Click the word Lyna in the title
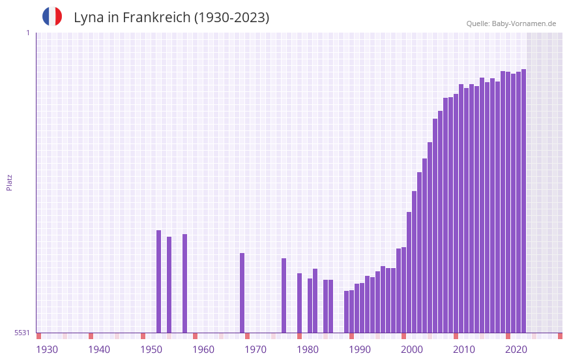[x=88, y=18]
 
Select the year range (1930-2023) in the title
[x=231, y=18]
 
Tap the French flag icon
[x=52, y=16]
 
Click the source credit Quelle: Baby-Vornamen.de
[x=511, y=23]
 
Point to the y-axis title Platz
[x=9, y=182]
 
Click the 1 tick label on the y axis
[x=27, y=33]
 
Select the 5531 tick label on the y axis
[x=22, y=333]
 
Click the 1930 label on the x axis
[x=47, y=350]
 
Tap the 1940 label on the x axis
[x=99, y=350]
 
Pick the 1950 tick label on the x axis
[x=151, y=350]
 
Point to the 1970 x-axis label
[x=255, y=350]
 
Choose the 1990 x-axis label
[x=360, y=350]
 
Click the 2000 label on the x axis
[x=412, y=350]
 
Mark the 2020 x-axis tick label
[x=516, y=350]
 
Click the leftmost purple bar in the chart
[x=158, y=281]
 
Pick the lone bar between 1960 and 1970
[x=242, y=293]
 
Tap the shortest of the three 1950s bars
[x=169, y=284]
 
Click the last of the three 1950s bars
[x=184, y=283]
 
